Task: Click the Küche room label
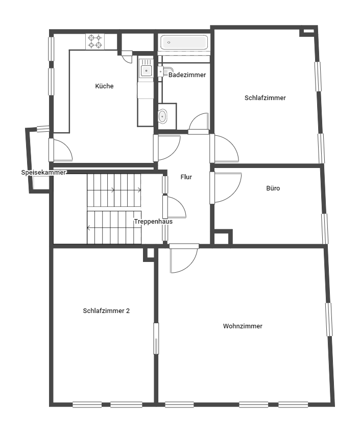pos(104,86)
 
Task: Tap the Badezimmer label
pos(187,75)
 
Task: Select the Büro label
pos(273,188)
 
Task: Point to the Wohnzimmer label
pos(243,326)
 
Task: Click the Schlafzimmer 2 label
pos(106,311)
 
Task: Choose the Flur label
pos(186,177)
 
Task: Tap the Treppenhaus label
pos(153,222)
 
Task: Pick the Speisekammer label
pos(43,173)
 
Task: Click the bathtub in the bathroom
pos(184,42)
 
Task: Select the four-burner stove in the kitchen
pos(95,41)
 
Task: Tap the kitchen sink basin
pos(146,71)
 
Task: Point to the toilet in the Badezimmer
pos(162,116)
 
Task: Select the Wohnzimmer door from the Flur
pos(184,258)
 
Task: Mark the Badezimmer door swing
pos(198,121)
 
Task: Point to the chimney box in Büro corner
pos(223,237)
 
